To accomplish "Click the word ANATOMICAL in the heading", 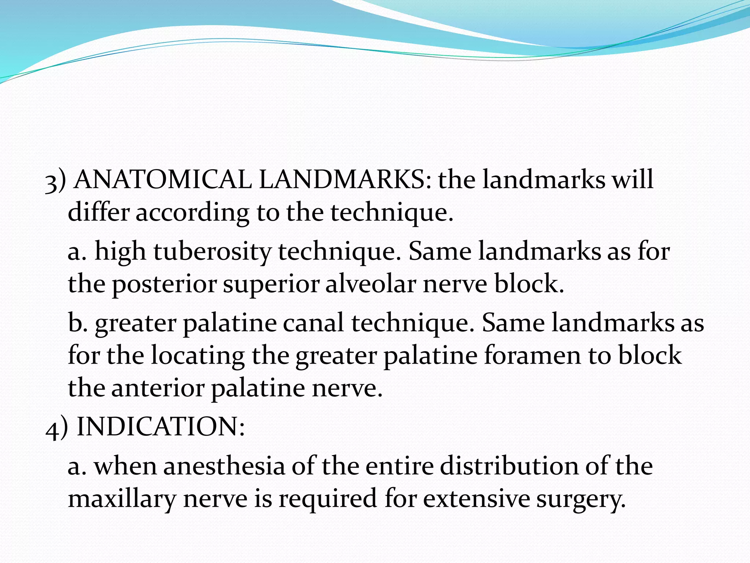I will pyautogui.click(x=163, y=180).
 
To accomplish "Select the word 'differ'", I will pyautogui.click(x=99, y=212).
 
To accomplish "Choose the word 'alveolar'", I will pyautogui.click(x=370, y=284).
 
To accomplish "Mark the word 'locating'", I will pyautogui.click(x=198, y=356).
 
